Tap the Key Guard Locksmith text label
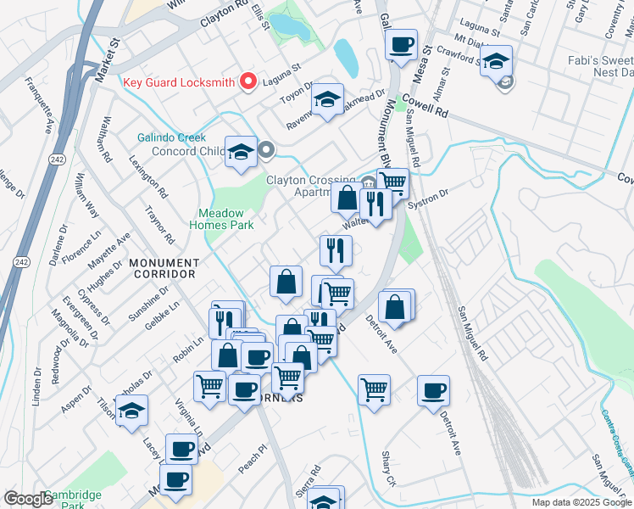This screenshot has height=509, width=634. [178, 81]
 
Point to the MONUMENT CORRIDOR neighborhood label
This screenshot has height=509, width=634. [164, 268]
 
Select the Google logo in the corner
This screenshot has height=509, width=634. [29, 499]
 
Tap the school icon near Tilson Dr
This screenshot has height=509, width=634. [131, 411]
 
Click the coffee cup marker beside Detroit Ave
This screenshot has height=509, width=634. [433, 391]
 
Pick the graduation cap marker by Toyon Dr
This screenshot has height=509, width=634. [326, 99]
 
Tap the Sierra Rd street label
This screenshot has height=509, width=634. [315, 472]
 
